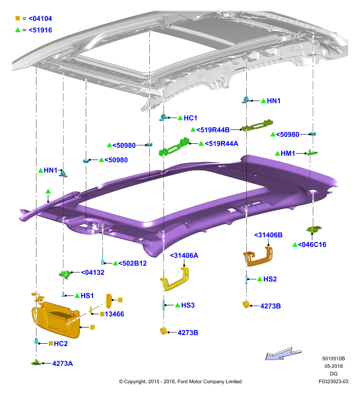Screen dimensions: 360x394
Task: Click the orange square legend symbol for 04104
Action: click(18, 18)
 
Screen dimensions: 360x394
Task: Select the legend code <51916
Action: click(40, 30)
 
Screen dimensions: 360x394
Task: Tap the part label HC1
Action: click(191, 118)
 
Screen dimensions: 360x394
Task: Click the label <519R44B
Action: click(213, 130)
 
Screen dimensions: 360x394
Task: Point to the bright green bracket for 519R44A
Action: click(173, 147)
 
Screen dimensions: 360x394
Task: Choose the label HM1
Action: click(288, 153)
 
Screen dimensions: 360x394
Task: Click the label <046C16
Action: click(312, 244)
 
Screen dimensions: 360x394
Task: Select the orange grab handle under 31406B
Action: click(258, 256)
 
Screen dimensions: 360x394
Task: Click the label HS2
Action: click(270, 279)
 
